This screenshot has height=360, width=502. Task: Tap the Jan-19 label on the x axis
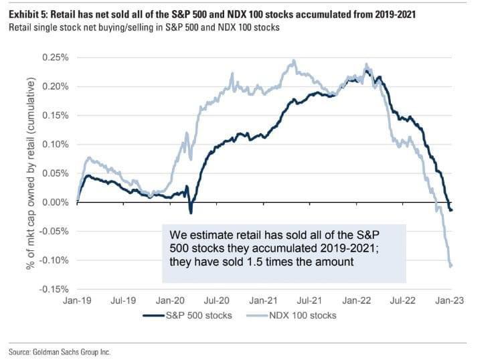pos(78,302)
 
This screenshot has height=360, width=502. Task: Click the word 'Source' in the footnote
pos(21,350)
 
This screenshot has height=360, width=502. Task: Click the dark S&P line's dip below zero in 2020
pos(191,212)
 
